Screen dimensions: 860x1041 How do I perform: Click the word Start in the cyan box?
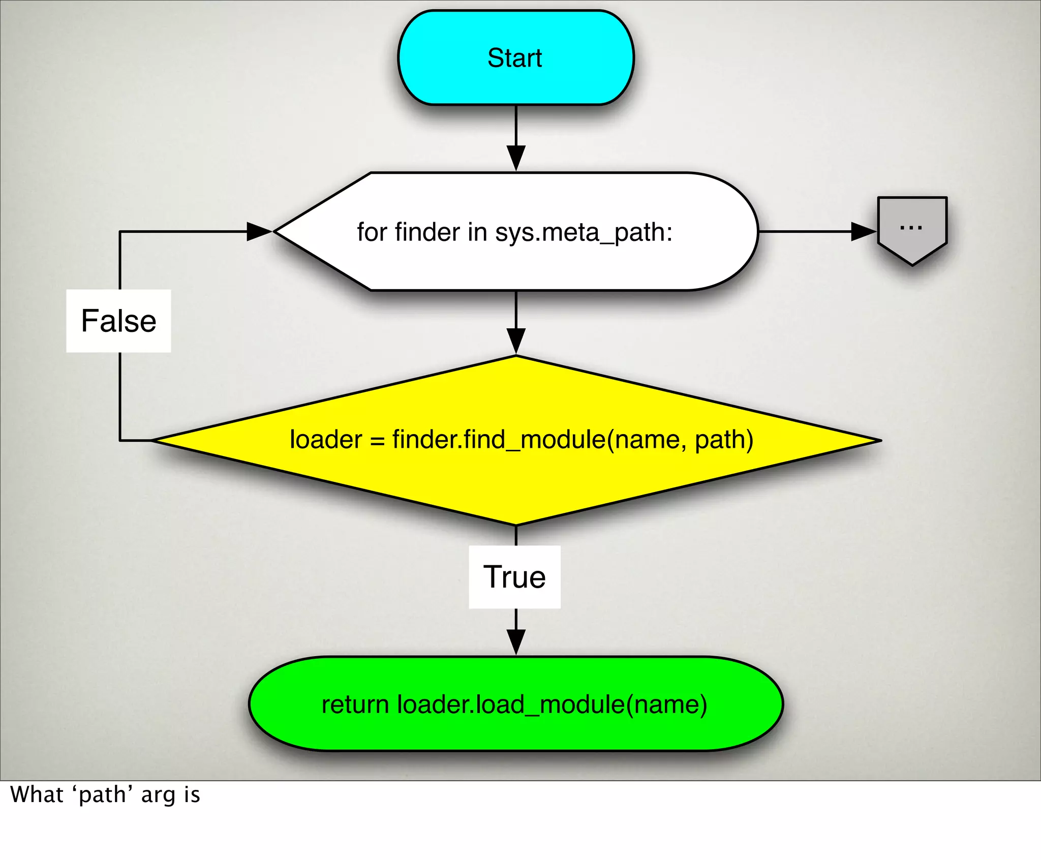click(x=514, y=58)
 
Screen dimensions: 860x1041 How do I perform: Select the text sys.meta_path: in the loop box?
click(x=584, y=233)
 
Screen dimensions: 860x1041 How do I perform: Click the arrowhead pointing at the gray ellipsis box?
click(x=863, y=232)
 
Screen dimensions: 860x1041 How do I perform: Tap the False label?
click(x=118, y=321)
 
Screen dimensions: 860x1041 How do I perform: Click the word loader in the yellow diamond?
click(x=326, y=440)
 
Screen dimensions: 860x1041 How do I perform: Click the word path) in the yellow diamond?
click(x=724, y=440)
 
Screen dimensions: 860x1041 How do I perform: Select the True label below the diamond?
click(x=514, y=577)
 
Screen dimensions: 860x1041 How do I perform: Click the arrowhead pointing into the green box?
click(x=516, y=641)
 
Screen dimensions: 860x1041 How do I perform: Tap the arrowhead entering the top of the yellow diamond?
click(x=516, y=341)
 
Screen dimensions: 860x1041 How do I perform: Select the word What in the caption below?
click(x=37, y=794)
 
